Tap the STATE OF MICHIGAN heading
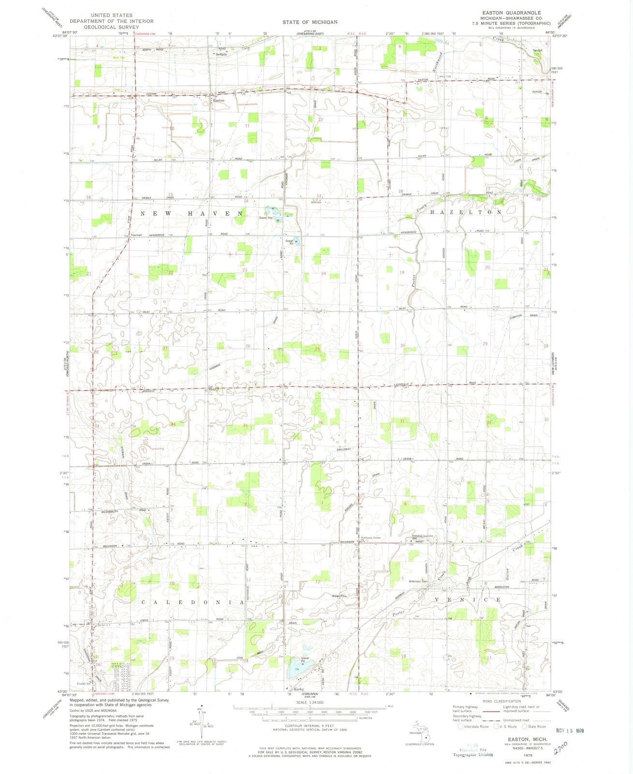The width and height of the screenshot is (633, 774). pos(310,22)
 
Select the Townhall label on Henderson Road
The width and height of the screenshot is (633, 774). pos(136,235)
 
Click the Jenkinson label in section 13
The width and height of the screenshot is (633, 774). pos(316,202)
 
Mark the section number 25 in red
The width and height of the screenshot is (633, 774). pos(318,349)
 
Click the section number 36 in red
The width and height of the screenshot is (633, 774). pos(321,422)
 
